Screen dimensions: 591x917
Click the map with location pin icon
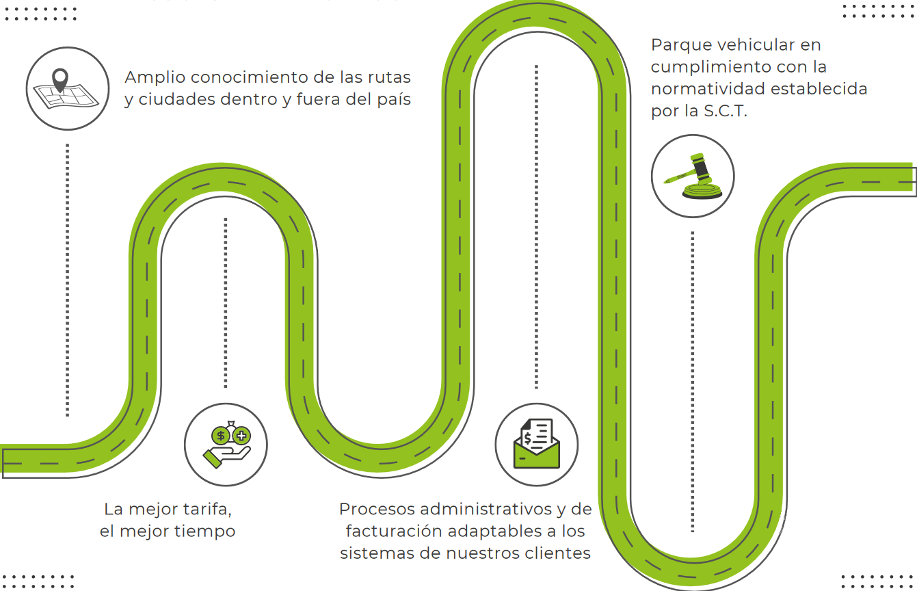[x=67, y=88]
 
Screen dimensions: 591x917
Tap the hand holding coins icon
[x=226, y=445]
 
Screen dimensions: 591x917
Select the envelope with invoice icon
[x=537, y=445]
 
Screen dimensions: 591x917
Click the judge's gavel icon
[x=693, y=176]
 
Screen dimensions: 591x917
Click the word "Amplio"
[x=155, y=78]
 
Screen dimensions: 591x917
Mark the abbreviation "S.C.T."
[x=726, y=111]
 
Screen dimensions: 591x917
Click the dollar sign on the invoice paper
[x=528, y=437]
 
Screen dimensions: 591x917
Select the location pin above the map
[x=61, y=79]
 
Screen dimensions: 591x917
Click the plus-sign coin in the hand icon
[x=241, y=434]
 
